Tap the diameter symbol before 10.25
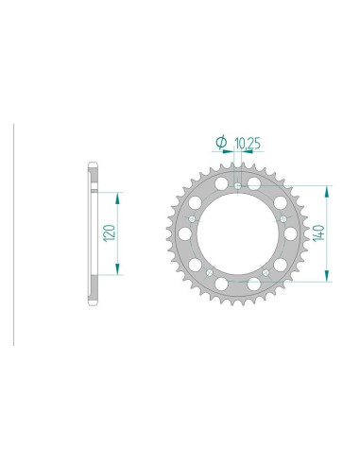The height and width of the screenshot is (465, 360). point(220,143)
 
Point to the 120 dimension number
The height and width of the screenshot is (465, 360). point(110,232)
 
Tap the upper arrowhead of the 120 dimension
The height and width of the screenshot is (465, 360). point(117,196)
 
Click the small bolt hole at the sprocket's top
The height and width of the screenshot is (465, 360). point(237,184)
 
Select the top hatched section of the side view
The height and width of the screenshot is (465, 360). point(93,180)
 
